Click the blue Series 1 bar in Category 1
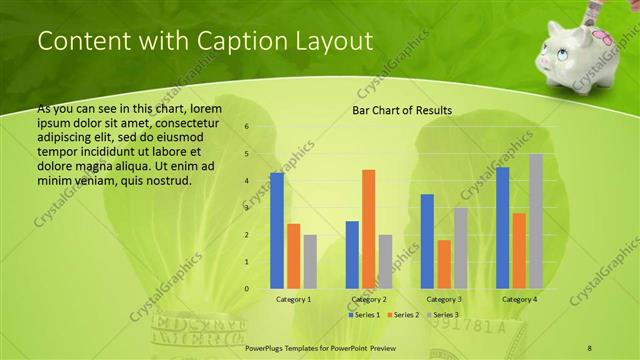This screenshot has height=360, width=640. [276, 231]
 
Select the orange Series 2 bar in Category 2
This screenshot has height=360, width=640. [368, 229]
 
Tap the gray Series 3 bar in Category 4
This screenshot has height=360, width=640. [536, 221]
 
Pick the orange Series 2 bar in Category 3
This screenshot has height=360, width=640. [444, 264]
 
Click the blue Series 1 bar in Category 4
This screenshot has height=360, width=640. [502, 228]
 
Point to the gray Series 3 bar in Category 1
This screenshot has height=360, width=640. [310, 262]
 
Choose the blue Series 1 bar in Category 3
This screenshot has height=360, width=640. [427, 241]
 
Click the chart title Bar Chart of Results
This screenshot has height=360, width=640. [401, 110]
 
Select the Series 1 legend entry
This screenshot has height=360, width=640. [364, 315]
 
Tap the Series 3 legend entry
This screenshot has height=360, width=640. [444, 315]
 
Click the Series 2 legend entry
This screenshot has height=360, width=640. [404, 315]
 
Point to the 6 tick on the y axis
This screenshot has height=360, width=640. [247, 127]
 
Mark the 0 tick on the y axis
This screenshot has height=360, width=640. [247, 289]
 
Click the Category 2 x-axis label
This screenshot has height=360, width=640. [369, 299]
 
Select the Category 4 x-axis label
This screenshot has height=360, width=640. [519, 299]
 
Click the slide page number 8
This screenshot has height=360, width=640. [590, 346]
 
